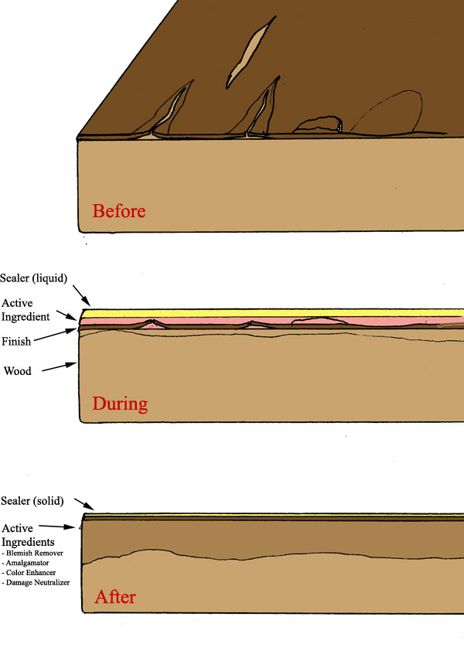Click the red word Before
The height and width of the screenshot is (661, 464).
point(118,210)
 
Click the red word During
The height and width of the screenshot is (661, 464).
point(119,404)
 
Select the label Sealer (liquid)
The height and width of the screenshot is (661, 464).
point(36,278)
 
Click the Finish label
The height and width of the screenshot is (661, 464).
point(16,341)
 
